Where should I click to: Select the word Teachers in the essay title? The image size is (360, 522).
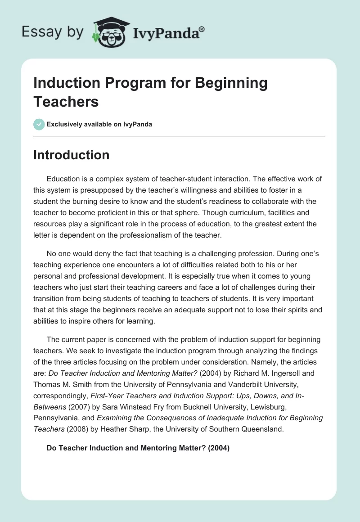point(66,101)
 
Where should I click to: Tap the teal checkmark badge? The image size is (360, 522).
point(39,124)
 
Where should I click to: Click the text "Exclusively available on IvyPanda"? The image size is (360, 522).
point(99,125)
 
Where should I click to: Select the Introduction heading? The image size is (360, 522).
point(72,155)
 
